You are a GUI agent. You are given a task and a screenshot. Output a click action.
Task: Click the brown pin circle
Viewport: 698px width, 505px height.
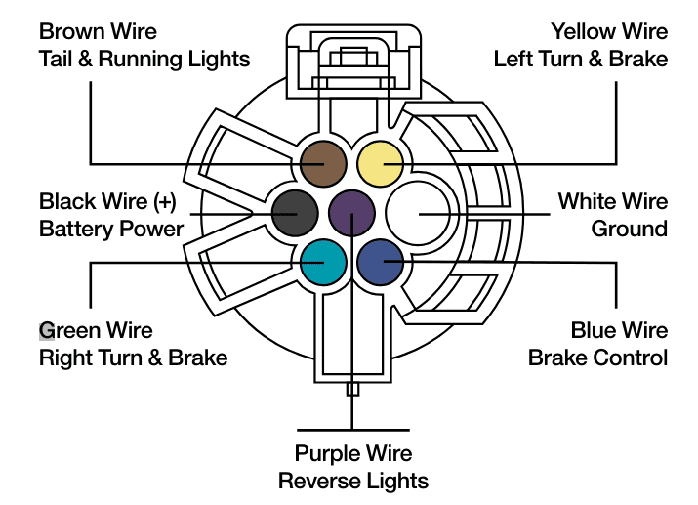coord(323,164)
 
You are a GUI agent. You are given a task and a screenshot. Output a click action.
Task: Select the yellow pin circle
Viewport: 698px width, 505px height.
coord(381,164)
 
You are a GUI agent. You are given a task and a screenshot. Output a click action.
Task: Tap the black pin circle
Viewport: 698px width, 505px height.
coord(295,213)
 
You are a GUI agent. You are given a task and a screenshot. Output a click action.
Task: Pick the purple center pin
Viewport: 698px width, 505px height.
coord(351,213)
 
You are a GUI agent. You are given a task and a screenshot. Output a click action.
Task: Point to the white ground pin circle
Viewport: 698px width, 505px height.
coord(418,213)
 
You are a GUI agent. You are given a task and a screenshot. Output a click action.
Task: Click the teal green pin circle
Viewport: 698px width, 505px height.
coord(323,263)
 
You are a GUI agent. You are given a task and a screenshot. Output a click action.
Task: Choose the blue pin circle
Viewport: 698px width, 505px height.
coord(381,263)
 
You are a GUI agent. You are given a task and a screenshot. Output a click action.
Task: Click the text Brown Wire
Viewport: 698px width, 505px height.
coord(98,31)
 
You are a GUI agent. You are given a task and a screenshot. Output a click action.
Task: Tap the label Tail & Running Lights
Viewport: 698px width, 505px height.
coord(144,60)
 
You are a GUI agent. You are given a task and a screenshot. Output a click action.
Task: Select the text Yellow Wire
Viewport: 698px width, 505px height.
coord(609,31)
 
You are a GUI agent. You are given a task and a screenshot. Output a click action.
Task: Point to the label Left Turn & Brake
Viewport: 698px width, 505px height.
coord(581,60)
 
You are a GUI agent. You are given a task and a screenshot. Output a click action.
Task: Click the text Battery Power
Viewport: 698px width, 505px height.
coord(111,230)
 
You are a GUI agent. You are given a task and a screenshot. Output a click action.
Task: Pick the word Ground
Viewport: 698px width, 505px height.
coord(629,229)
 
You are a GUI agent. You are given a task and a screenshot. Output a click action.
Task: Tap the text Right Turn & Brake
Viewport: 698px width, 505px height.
coord(133,358)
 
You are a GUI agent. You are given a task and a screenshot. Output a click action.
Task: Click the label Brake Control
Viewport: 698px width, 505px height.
coord(597,358)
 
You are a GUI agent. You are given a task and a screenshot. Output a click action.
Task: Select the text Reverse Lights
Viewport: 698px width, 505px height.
coord(353,481)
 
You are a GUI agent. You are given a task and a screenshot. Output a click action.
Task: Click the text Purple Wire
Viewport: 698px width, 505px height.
coord(353,454)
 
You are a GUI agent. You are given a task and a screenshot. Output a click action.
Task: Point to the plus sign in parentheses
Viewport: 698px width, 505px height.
coord(165,202)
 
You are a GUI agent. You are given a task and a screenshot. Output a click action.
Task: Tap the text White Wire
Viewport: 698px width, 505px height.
coord(613,201)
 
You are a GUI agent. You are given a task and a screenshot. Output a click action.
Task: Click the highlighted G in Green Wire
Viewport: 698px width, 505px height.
coord(47,331)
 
